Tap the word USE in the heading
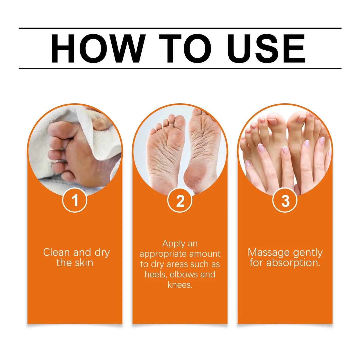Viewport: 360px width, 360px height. pyautogui.click(x=266, y=49)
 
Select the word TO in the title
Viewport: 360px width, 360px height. pyautogui.click(x=185, y=49)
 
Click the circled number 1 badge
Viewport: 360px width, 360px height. pyautogui.click(x=75, y=200)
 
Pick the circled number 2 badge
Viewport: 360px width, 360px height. pyautogui.click(x=180, y=200)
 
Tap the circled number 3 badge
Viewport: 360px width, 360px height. pyautogui.click(x=285, y=200)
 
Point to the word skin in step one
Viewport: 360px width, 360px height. pyautogui.click(x=84, y=263)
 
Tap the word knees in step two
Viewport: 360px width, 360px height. pyautogui.click(x=180, y=285)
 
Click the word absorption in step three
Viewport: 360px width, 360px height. pyautogui.click(x=293, y=263)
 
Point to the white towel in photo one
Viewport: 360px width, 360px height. pyautogui.click(x=103, y=139)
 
